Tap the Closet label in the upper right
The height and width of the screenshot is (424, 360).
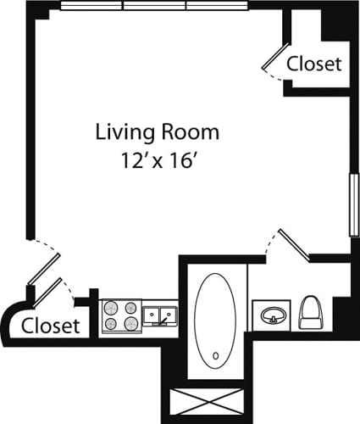click(x=313, y=64)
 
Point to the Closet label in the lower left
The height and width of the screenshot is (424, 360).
click(x=50, y=325)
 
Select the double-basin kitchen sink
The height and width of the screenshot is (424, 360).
click(x=159, y=316)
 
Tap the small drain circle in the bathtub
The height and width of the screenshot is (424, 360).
click(x=215, y=355)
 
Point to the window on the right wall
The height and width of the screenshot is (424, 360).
click(x=352, y=204)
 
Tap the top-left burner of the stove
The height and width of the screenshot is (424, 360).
click(x=111, y=309)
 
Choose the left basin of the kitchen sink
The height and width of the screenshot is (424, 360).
click(x=151, y=316)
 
